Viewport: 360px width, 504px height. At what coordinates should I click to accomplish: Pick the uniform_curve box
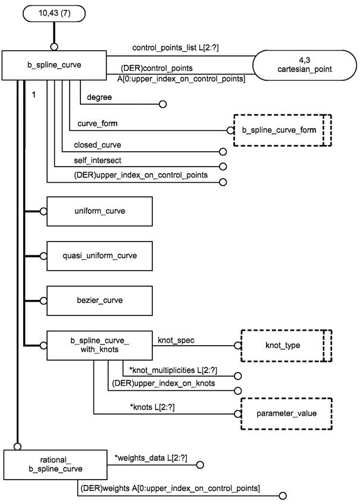click(99, 211)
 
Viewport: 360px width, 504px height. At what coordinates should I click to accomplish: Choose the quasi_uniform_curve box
click(99, 255)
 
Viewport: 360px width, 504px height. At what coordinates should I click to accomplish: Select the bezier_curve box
click(99, 300)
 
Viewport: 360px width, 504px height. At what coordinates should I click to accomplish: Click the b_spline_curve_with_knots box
click(99, 345)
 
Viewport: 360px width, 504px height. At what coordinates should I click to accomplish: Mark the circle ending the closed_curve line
click(223, 152)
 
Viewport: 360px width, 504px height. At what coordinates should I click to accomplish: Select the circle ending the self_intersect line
click(223, 167)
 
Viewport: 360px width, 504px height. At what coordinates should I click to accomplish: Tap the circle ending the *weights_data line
click(200, 466)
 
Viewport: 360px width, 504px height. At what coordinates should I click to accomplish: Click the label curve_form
click(96, 123)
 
